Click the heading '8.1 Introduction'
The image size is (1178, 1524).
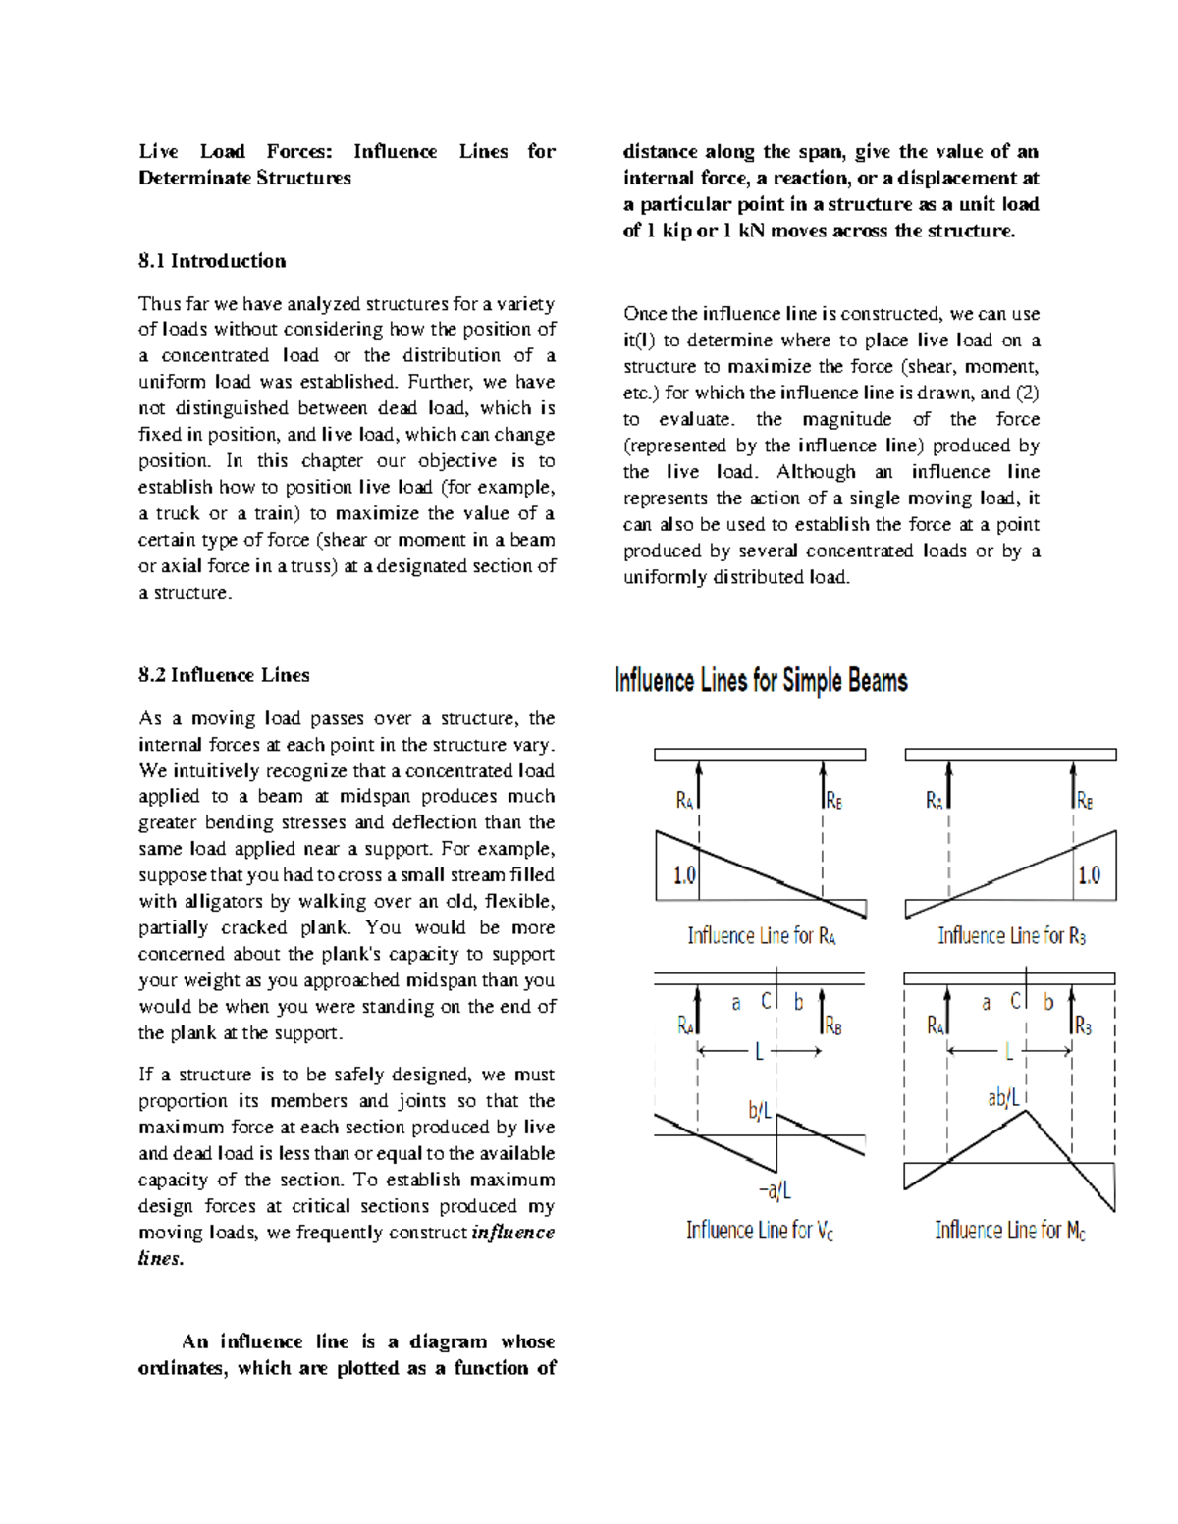click(x=212, y=261)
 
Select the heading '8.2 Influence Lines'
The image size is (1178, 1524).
click(x=224, y=675)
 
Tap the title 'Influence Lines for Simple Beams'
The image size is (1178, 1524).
click(x=761, y=681)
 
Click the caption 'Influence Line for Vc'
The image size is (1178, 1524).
click(x=760, y=1231)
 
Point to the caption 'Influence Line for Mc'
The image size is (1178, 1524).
click(x=1010, y=1231)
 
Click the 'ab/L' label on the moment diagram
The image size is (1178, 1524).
click(x=1004, y=1097)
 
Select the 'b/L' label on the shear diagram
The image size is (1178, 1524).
click(x=760, y=1112)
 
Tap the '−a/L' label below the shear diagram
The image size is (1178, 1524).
click(x=775, y=1190)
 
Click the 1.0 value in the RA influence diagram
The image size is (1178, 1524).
click(x=684, y=875)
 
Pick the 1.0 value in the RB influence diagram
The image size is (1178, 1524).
click(x=1089, y=875)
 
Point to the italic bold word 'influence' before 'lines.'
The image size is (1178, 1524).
click(x=512, y=1233)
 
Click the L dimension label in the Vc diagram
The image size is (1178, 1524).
click(x=759, y=1052)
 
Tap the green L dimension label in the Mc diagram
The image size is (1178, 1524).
click(x=1008, y=1052)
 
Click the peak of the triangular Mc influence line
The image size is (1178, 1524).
click(x=1026, y=1110)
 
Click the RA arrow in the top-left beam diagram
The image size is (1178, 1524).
click(x=699, y=785)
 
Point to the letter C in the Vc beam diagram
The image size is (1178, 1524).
click(x=767, y=1001)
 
